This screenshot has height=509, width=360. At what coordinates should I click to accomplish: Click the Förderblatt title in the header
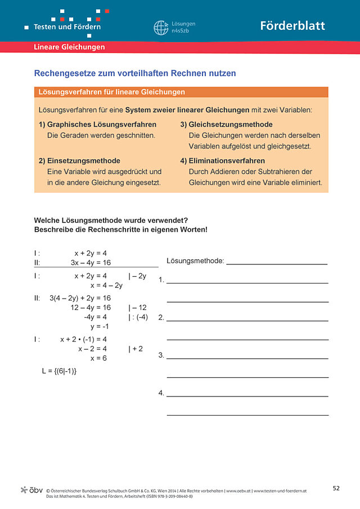(x=292, y=26)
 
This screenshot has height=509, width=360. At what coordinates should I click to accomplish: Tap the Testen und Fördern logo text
(x=67, y=26)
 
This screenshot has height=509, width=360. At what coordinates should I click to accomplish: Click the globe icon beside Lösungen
(x=161, y=28)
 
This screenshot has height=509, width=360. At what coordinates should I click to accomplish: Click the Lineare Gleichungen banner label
(x=69, y=47)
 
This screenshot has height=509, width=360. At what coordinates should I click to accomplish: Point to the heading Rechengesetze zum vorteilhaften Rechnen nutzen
(x=135, y=73)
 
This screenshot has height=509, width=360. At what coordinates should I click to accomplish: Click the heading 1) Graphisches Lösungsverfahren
(x=97, y=124)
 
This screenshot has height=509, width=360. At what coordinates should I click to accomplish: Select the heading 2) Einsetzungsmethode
(x=79, y=160)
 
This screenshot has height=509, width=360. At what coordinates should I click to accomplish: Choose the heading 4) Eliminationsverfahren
(x=222, y=160)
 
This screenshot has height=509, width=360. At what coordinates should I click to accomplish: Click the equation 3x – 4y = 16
(x=91, y=263)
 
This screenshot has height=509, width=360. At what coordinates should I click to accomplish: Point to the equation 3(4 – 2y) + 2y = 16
(x=80, y=298)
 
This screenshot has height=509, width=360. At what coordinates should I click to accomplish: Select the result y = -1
(x=99, y=326)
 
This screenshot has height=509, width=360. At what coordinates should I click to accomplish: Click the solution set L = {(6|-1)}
(x=59, y=371)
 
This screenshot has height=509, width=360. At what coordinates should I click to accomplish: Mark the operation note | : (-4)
(x=138, y=317)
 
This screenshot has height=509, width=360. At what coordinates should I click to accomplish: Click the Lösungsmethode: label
(x=195, y=261)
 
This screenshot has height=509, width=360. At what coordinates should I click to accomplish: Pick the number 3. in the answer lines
(x=161, y=355)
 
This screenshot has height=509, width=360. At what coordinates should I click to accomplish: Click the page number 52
(x=336, y=488)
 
